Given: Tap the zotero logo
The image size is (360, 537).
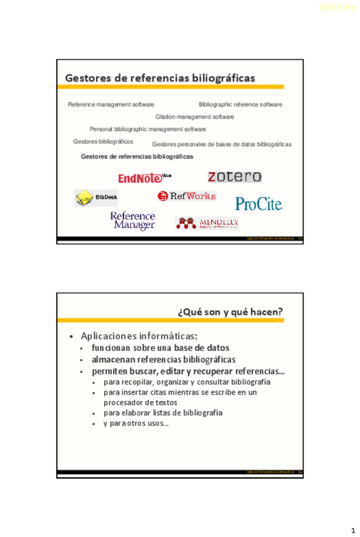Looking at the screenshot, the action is point(234,177).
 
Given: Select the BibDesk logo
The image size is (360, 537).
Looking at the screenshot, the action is point(97,198).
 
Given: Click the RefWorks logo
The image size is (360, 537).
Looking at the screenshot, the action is point(187,196).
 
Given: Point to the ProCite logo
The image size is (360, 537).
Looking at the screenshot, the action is point(258,203).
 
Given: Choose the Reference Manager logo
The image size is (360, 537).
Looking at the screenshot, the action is point(133,220).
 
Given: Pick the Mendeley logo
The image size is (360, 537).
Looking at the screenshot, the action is point(208,223).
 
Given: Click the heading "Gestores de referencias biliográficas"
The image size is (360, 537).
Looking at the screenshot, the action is point(160,78).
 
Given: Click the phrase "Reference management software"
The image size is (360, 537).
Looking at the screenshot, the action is point(111,104).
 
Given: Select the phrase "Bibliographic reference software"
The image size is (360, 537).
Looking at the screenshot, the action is point(240,104).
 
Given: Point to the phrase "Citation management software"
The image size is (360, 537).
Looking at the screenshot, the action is point(195,117).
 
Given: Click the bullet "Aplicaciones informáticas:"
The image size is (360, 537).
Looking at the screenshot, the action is point(139,335).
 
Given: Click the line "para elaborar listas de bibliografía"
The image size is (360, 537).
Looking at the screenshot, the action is point(163,413).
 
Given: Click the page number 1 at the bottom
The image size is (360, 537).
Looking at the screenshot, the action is point(352,529).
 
